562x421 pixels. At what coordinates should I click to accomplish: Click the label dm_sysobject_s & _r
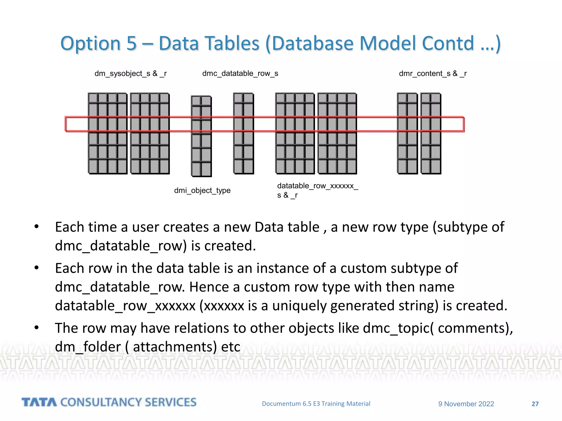pyautogui.click(x=130, y=73)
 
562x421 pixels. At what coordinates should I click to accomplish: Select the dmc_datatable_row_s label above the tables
pyautogui.click(x=240, y=73)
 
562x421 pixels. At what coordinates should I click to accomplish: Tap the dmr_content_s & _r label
pyautogui.click(x=433, y=73)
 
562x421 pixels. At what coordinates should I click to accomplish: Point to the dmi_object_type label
pyautogui.click(x=202, y=190)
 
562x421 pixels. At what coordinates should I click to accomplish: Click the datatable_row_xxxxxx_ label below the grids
pyautogui.click(x=317, y=186)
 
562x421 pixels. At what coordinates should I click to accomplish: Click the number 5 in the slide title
pyautogui.click(x=131, y=43)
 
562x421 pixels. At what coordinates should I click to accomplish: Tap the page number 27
pyautogui.click(x=535, y=404)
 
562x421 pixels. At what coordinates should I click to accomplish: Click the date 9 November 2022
pyautogui.click(x=466, y=404)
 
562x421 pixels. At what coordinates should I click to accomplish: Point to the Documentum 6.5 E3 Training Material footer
pyautogui.click(x=316, y=403)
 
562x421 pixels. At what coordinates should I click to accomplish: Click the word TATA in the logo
pyautogui.click(x=39, y=402)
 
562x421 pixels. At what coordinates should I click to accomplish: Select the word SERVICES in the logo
pyautogui.click(x=171, y=402)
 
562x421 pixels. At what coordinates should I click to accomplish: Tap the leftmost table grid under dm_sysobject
pyautogui.click(x=108, y=133)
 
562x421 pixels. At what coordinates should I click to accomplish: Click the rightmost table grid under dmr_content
pyautogui.click(x=431, y=133)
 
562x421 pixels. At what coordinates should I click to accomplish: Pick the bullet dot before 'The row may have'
pyautogui.click(x=36, y=328)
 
